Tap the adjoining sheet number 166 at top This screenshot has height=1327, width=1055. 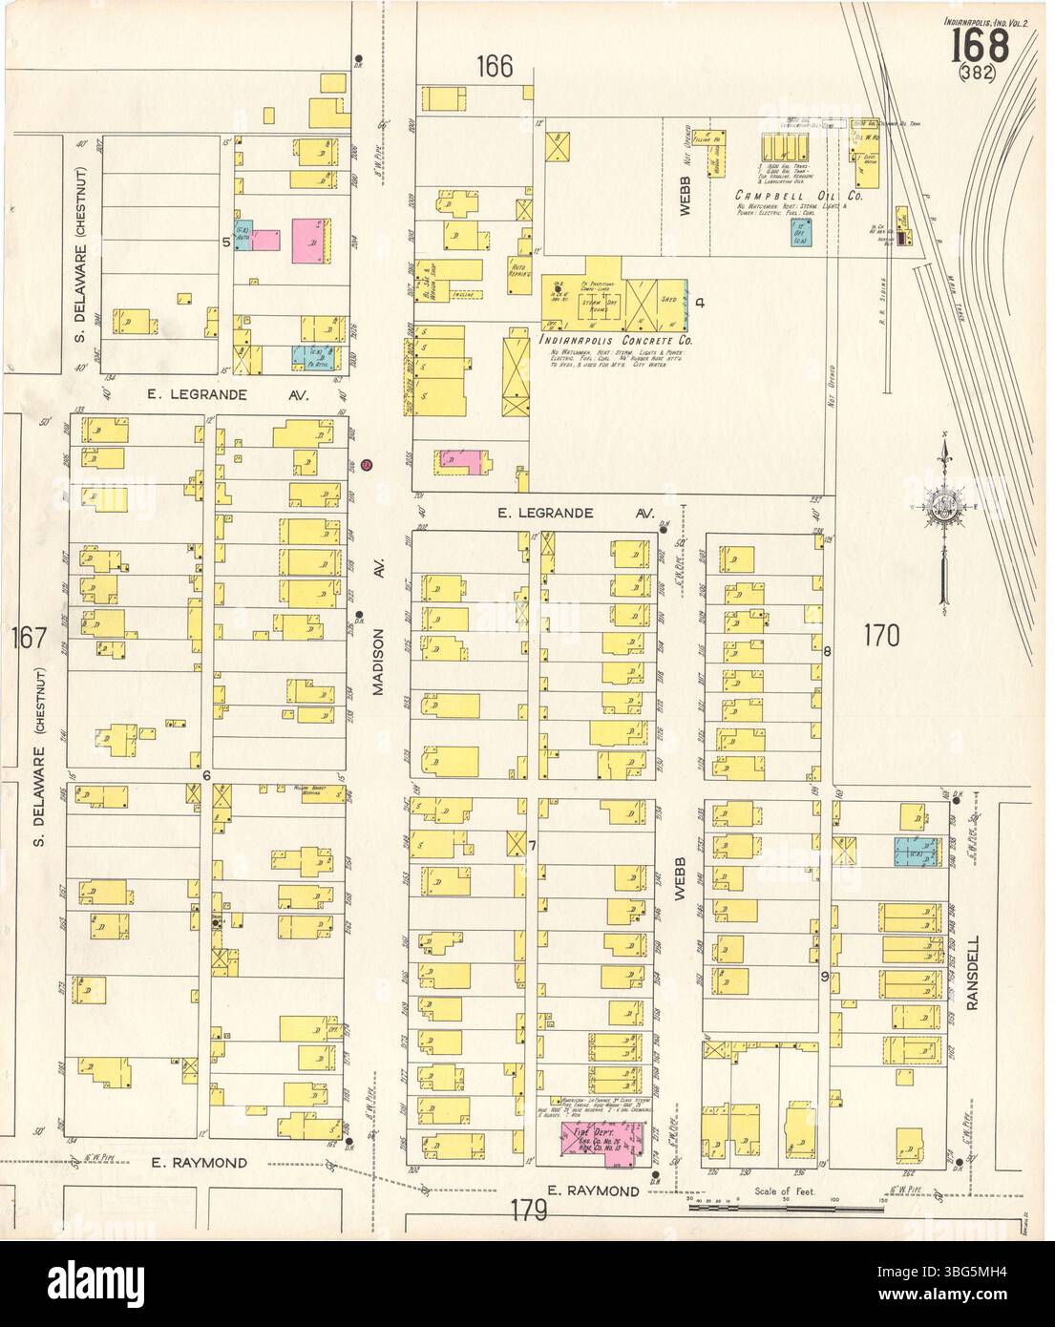pos(496,67)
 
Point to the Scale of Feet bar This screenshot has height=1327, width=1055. pos(783,1208)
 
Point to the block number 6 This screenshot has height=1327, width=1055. pos(206,774)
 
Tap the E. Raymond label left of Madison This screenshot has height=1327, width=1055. pos(200,1162)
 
